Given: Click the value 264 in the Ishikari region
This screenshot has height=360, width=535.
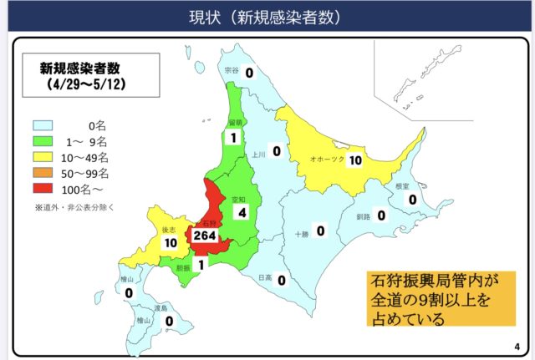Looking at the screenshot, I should [x=204, y=236].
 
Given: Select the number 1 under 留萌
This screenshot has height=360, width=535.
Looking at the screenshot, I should [x=234, y=137].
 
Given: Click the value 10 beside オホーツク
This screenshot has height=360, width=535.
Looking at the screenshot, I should [x=355, y=160].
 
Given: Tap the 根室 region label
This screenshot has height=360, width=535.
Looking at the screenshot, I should [x=402, y=187].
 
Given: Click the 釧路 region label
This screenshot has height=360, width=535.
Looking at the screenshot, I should [x=362, y=216].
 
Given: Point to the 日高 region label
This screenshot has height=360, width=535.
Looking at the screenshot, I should [x=263, y=278].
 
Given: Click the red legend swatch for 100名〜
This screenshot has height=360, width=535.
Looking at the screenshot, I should [x=44, y=190].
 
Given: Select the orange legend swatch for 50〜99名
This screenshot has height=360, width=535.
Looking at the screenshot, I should [x=44, y=173].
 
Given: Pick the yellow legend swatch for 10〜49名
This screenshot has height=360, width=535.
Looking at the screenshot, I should [x=44, y=157].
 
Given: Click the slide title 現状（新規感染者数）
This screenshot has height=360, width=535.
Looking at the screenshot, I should [x=267, y=16].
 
